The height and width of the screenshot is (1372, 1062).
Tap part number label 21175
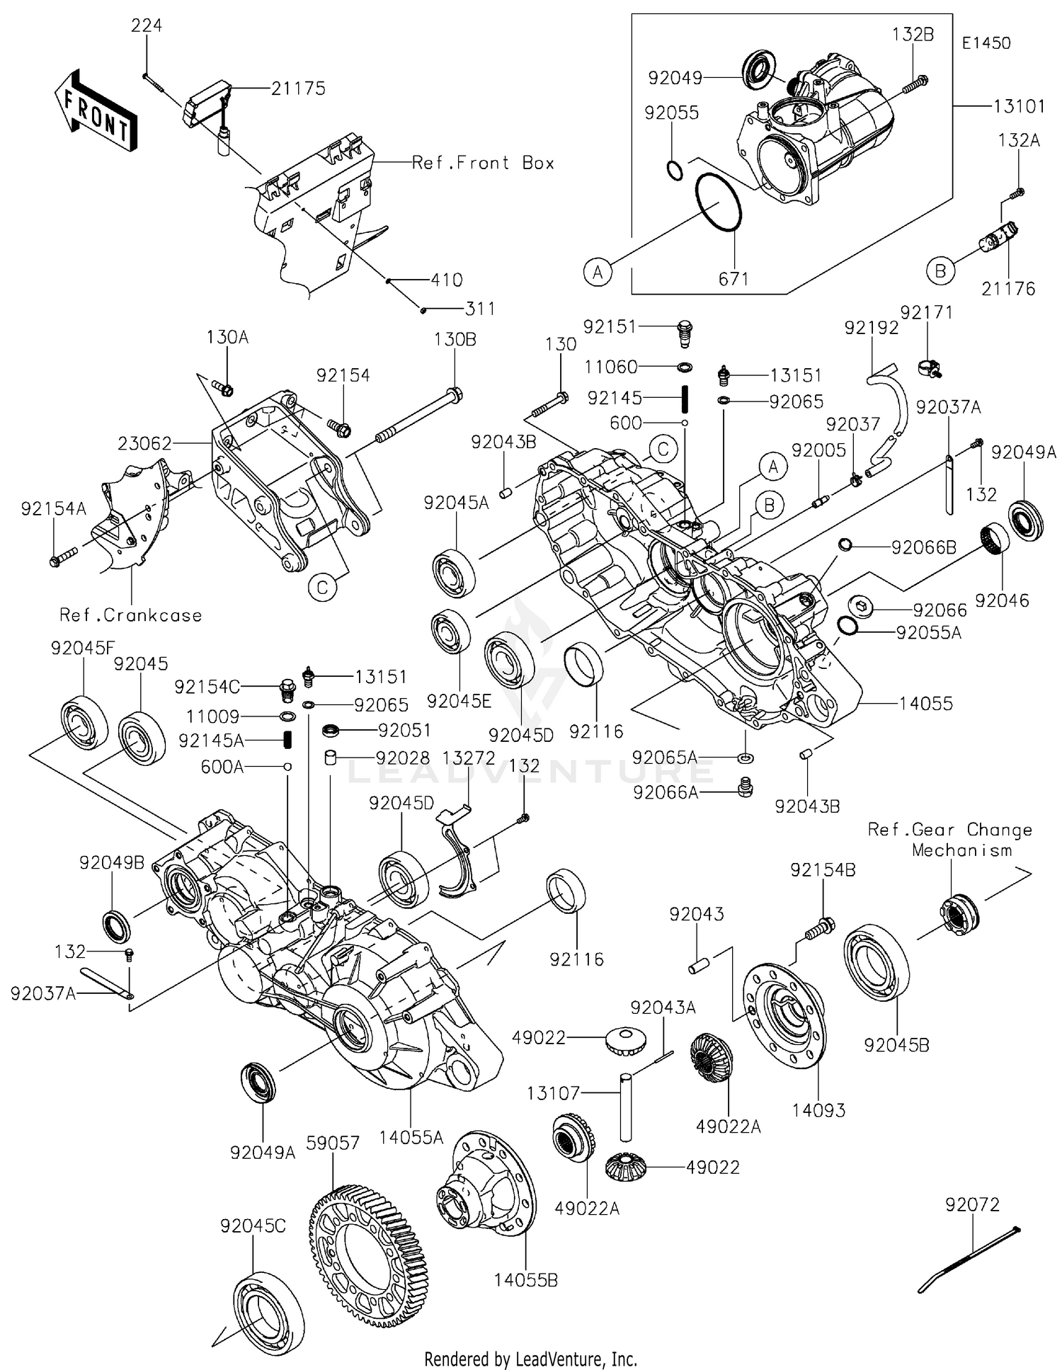click(298, 88)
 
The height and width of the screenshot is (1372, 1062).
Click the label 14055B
click(525, 1280)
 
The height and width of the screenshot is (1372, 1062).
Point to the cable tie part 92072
click(971, 1255)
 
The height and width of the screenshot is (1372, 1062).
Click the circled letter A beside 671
click(598, 271)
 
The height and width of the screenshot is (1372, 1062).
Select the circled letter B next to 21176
click(940, 270)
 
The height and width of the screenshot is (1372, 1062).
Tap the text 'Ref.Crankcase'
click(131, 615)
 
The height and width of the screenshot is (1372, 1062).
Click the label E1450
click(986, 42)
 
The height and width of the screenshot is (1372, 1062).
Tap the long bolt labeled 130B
click(418, 417)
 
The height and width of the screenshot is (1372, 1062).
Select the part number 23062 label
click(144, 443)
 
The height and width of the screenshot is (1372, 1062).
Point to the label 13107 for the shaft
click(553, 1093)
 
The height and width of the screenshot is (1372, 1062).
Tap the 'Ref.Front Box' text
click(483, 163)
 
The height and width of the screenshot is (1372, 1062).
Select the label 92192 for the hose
click(871, 327)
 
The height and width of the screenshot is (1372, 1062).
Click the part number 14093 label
click(818, 1110)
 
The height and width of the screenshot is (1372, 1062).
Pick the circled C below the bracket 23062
click(322, 587)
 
